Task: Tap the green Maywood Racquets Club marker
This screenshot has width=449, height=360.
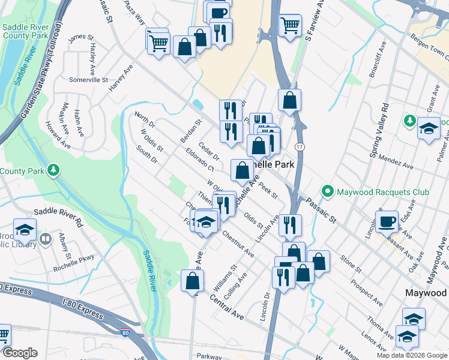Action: coord(328,192)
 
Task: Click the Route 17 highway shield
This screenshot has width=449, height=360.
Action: coord(298,146)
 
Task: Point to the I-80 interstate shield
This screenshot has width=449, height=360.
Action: coord(124,332)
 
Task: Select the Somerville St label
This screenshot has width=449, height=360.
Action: coord(88,80)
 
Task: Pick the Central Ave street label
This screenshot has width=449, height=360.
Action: coord(227,305)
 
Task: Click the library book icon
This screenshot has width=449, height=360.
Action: coord(46,241)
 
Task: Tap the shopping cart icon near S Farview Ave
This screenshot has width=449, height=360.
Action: coord(290,25)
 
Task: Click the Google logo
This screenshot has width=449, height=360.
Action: coord(19,353)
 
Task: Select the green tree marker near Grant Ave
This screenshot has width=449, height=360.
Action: coord(409,121)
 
